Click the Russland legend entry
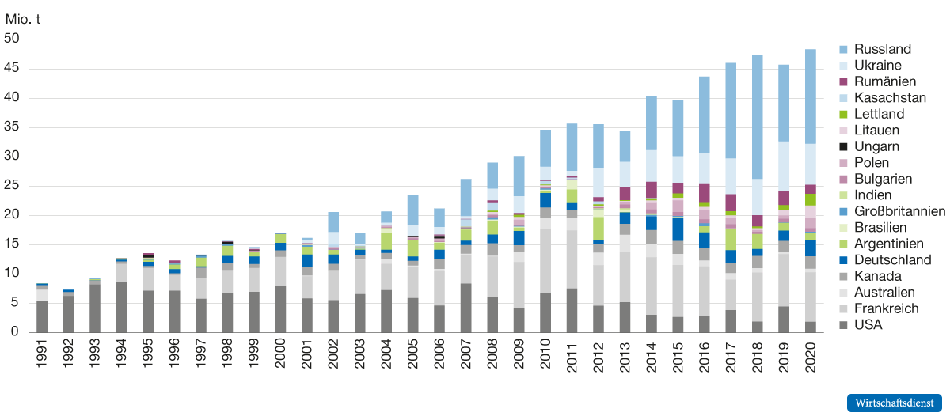(x=876, y=49)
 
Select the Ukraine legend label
(x=877, y=66)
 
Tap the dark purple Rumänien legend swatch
(x=844, y=81)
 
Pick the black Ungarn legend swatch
(x=844, y=146)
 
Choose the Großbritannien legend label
(x=899, y=211)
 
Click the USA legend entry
(x=861, y=325)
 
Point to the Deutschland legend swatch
(x=844, y=260)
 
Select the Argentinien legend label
(x=888, y=244)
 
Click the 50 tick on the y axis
(x=12, y=39)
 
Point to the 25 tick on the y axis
(x=12, y=185)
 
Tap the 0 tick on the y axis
(x=15, y=331)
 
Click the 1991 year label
(x=41, y=353)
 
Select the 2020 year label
(x=810, y=358)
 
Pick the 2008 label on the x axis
(x=492, y=354)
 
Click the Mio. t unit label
(x=23, y=19)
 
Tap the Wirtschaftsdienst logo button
(x=895, y=403)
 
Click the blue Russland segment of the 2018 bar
(x=757, y=116)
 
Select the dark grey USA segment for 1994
(x=121, y=307)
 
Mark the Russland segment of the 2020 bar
(x=810, y=96)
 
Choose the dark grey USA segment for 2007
(x=465, y=308)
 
